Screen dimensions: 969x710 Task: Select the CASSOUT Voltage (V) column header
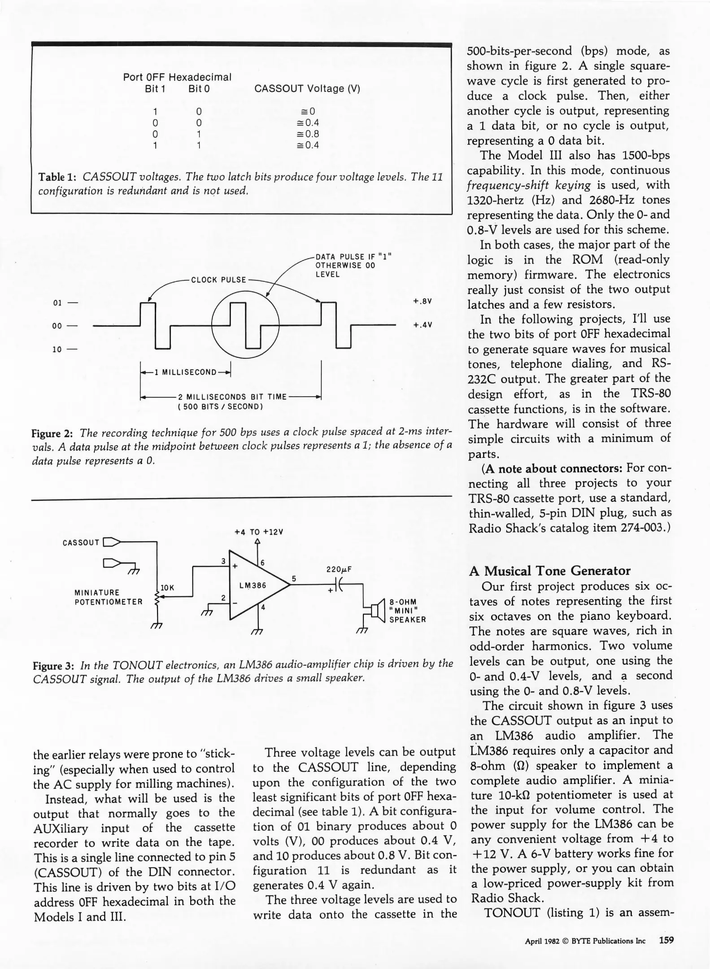point(307,89)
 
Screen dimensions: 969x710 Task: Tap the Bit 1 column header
point(155,89)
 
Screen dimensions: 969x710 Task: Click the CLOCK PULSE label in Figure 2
point(218,280)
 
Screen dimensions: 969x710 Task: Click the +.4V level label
point(422,325)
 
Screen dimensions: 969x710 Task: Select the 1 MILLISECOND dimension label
point(186,372)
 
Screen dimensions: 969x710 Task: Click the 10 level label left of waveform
point(57,349)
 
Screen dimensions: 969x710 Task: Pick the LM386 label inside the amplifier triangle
point(253,585)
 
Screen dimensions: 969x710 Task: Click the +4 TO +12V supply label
point(259,532)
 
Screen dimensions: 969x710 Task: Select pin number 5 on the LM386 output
point(294,579)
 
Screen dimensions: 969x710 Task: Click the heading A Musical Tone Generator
point(549,571)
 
